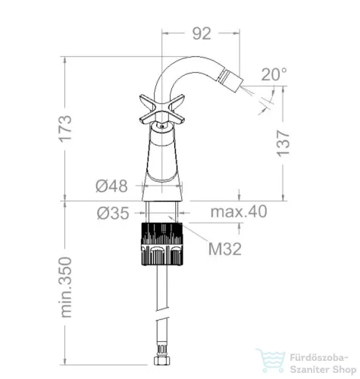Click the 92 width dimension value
(x=202, y=33)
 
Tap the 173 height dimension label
(x=66, y=129)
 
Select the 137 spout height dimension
(x=283, y=143)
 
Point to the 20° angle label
(x=274, y=74)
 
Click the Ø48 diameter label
(x=111, y=186)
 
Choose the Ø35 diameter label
(x=113, y=213)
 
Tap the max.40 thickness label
(x=239, y=211)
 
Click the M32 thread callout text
(x=225, y=249)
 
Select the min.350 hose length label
(x=66, y=287)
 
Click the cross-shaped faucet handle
(x=162, y=109)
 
